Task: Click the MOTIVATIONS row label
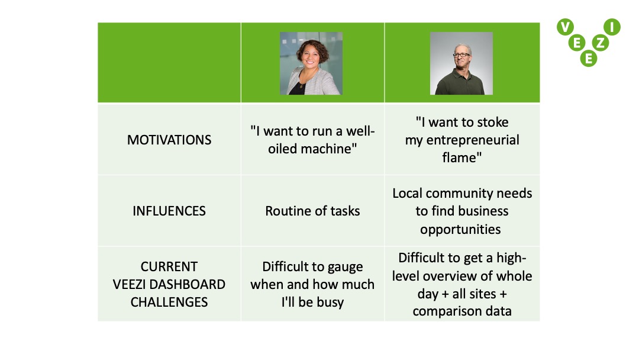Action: pyautogui.click(x=169, y=140)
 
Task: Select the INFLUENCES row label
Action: pyautogui.click(x=169, y=211)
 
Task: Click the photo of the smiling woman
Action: pyautogui.click(x=311, y=63)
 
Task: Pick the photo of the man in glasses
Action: pyautogui.click(x=461, y=63)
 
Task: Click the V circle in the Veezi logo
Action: pyautogui.click(x=565, y=27)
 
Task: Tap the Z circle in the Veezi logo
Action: pyautogui.click(x=601, y=43)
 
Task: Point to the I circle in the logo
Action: pyautogui.click(x=612, y=27)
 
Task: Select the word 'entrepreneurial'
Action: pyautogui.click(x=473, y=140)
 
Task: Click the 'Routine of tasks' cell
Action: pyautogui.click(x=312, y=211)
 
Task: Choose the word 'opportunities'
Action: pyautogui.click(x=460, y=229)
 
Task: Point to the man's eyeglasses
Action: pyautogui.click(x=461, y=55)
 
